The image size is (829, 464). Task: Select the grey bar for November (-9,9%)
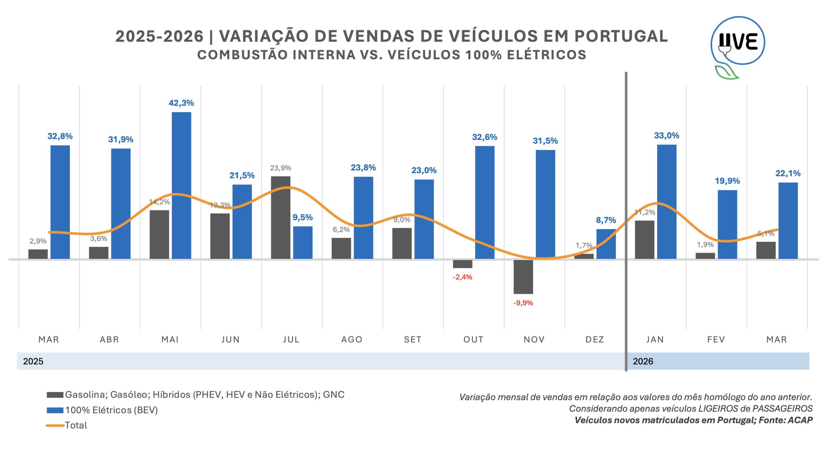coord(523,277)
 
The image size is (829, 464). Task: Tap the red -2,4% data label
coord(462,277)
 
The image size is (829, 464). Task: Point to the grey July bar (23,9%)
coord(280,217)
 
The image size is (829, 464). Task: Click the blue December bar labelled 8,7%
coord(606,244)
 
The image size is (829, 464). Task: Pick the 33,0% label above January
coord(666,135)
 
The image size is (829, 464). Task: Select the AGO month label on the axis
coord(352,339)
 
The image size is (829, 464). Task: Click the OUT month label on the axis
coord(473,339)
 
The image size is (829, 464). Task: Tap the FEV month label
coord(716,339)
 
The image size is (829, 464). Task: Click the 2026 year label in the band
coord(643,361)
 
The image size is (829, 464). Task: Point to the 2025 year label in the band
coord(33,361)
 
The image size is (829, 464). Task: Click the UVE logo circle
coord(738,41)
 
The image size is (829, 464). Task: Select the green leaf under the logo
coord(725,73)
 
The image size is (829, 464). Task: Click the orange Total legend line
coord(55,425)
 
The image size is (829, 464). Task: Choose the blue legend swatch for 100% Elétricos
coord(55,410)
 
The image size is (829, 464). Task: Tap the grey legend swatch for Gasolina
coord(55,395)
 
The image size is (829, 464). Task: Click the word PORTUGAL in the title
coord(621,36)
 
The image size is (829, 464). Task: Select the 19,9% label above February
coord(727,181)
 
